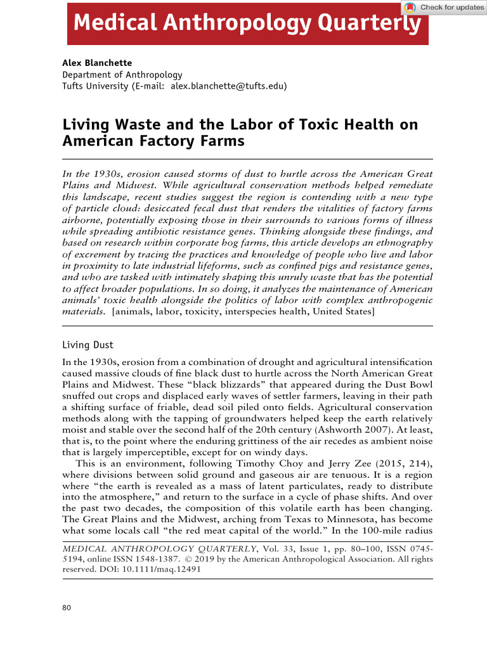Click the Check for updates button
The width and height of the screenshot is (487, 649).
click(x=443, y=7)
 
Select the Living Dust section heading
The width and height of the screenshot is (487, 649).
click(x=88, y=345)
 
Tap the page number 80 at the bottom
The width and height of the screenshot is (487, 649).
click(x=67, y=608)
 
